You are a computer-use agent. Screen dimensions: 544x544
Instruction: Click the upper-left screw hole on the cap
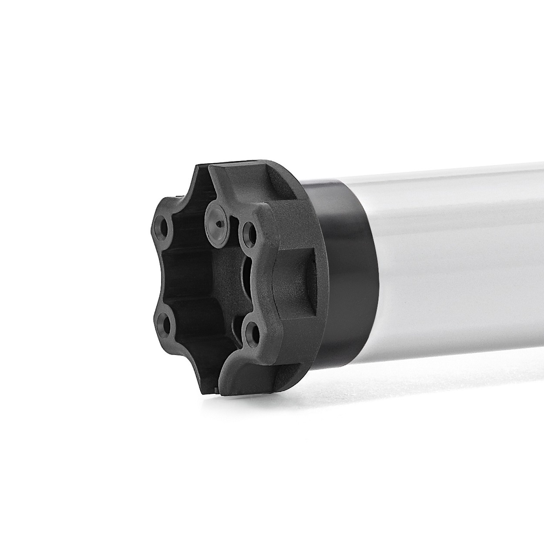165,227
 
